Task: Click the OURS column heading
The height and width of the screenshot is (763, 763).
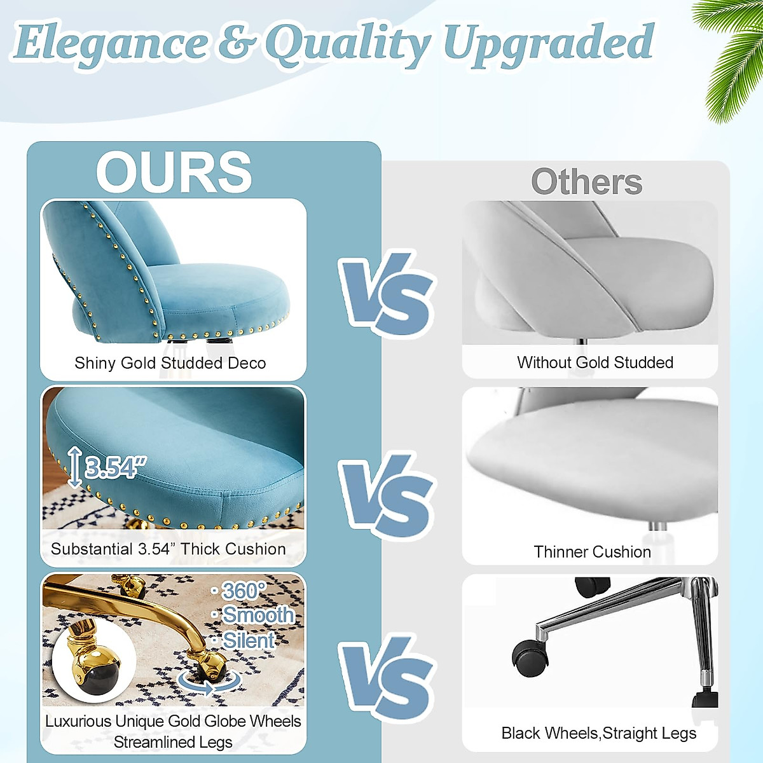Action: pyautogui.click(x=174, y=172)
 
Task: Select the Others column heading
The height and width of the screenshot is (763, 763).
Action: pyautogui.click(x=586, y=182)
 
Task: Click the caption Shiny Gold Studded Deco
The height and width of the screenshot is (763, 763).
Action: pyautogui.click(x=170, y=363)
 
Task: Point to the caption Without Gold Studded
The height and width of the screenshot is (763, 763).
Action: pyautogui.click(x=595, y=362)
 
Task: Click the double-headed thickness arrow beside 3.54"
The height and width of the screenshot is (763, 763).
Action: pyautogui.click(x=75, y=467)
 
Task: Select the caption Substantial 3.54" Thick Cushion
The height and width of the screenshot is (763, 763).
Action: pyautogui.click(x=168, y=549)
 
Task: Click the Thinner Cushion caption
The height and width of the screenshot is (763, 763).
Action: pyautogui.click(x=592, y=552)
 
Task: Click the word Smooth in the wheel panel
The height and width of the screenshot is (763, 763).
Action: pyautogui.click(x=258, y=615)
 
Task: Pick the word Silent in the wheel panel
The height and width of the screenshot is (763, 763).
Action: pyautogui.click(x=249, y=640)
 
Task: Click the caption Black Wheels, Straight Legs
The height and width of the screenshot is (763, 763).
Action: pyautogui.click(x=598, y=733)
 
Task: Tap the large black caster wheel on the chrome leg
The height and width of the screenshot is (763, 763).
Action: pyautogui.click(x=530, y=657)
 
